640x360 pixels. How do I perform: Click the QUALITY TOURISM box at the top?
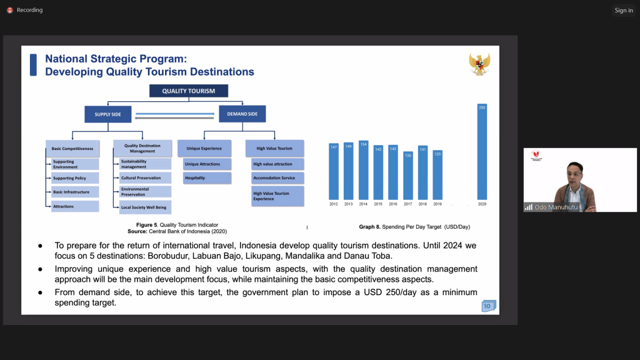tap(188, 91)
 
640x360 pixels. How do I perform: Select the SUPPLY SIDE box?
tap(107, 114)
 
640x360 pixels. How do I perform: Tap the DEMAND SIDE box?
tap(242, 114)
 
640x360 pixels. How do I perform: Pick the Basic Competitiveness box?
tap(72, 149)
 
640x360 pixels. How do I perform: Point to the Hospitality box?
tap(207, 178)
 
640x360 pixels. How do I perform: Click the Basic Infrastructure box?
tap(75, 192)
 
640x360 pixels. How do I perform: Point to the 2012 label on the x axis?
tap(334, 204)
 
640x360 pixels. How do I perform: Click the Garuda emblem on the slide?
tap(479, 64)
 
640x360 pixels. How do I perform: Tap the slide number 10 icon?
tap(488, 306)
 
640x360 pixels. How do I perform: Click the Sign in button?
tap(623, 10)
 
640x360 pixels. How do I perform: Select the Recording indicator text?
tap(29, 10)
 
